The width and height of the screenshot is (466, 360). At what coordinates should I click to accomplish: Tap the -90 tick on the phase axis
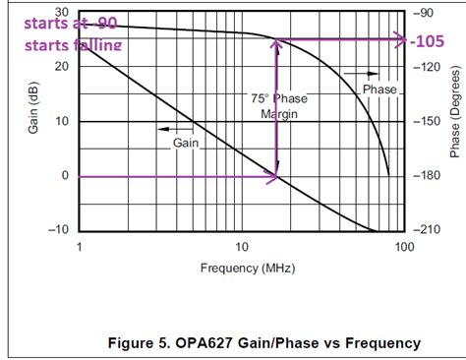click(x=428, y=14)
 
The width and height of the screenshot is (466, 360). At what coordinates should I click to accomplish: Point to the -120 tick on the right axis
click(x=429, y=67)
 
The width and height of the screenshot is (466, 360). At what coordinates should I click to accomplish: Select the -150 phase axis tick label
click(x=429, y=121)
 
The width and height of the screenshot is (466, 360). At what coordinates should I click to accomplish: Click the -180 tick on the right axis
click(x=429, y=175)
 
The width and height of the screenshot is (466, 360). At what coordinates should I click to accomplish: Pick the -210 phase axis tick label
click(x=429, y=229)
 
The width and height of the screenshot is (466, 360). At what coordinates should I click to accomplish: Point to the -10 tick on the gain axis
click(x=57, y=229)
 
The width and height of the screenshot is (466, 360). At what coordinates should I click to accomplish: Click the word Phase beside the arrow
click(x=379, y=90)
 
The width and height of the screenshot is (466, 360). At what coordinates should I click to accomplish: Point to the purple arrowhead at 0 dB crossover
click(x=274, y=176)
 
